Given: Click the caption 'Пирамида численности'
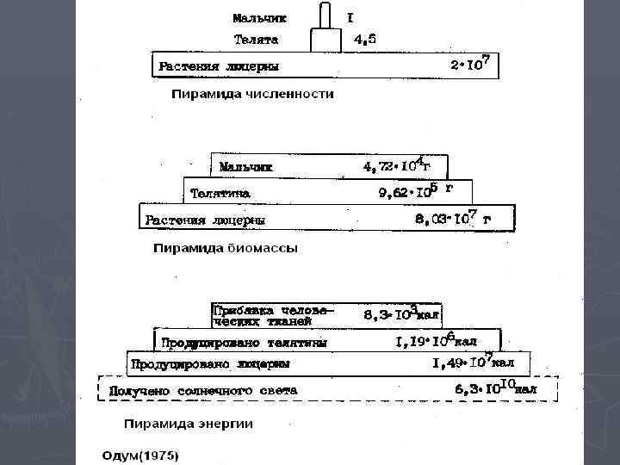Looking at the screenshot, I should [x=252, y=94].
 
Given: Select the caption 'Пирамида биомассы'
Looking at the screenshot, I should [x=226, y=249].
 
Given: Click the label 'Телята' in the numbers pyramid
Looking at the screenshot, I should [x=257, y=40].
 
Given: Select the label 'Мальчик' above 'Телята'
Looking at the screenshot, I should [x=260, y=17].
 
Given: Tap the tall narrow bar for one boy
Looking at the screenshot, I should [x=325, y=15].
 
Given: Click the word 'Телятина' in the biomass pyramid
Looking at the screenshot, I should [x=220, y=192].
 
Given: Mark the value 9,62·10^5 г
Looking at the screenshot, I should [x=416, y=190].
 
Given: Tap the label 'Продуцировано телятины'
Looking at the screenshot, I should [x=245, y=342].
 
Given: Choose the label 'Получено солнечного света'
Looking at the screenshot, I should [x=203, y=390].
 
